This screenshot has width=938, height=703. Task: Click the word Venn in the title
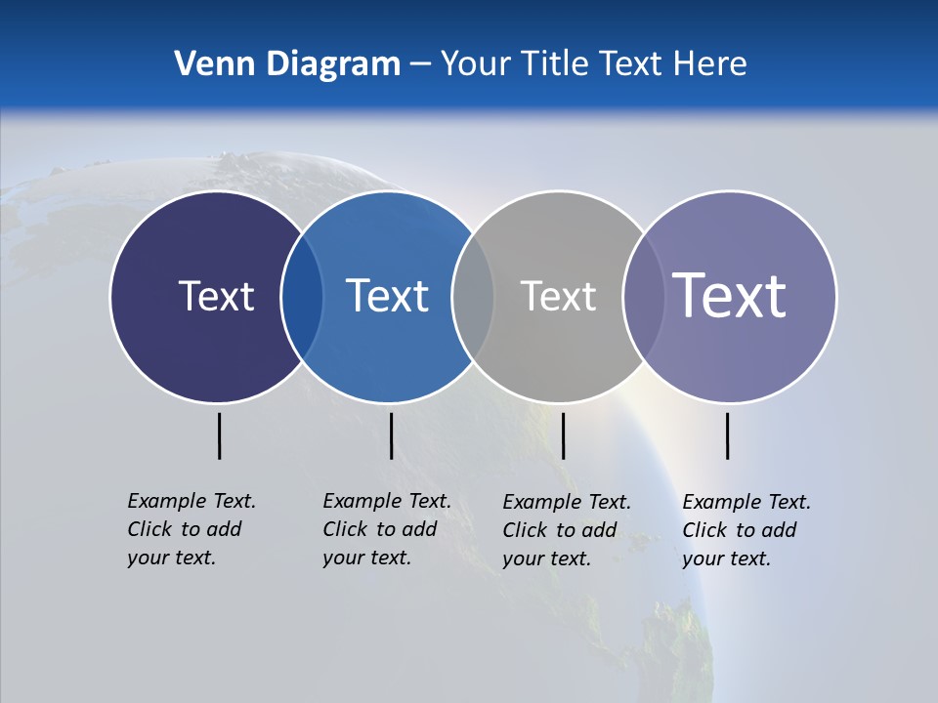207,64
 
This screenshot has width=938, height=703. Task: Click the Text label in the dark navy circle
216,296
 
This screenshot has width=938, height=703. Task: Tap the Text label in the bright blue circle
387,296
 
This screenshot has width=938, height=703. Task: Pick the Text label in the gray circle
558,296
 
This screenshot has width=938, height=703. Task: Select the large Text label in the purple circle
730,295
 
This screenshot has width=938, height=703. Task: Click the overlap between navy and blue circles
302,297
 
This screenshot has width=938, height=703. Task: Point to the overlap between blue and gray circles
473,297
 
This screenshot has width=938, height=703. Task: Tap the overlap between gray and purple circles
643,297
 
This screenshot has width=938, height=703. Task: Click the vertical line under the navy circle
219,435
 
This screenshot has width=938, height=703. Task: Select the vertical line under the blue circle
391,435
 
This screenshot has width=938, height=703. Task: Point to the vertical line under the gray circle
563,435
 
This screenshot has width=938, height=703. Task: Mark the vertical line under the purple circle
727,435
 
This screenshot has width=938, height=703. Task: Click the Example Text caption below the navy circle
191,529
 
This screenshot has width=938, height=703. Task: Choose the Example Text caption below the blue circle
386,529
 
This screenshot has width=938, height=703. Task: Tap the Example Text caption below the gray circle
566,530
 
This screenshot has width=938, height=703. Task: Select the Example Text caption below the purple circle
746,530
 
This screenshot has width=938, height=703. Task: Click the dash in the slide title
419,65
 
